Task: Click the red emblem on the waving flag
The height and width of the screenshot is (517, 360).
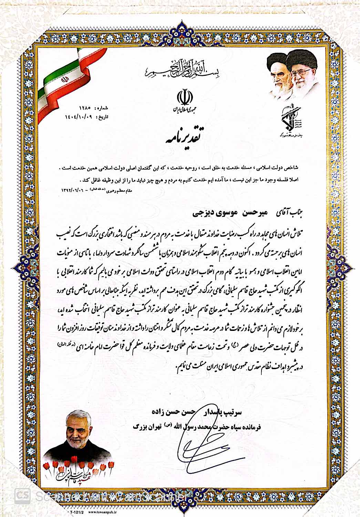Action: click(x=63, y=79)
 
